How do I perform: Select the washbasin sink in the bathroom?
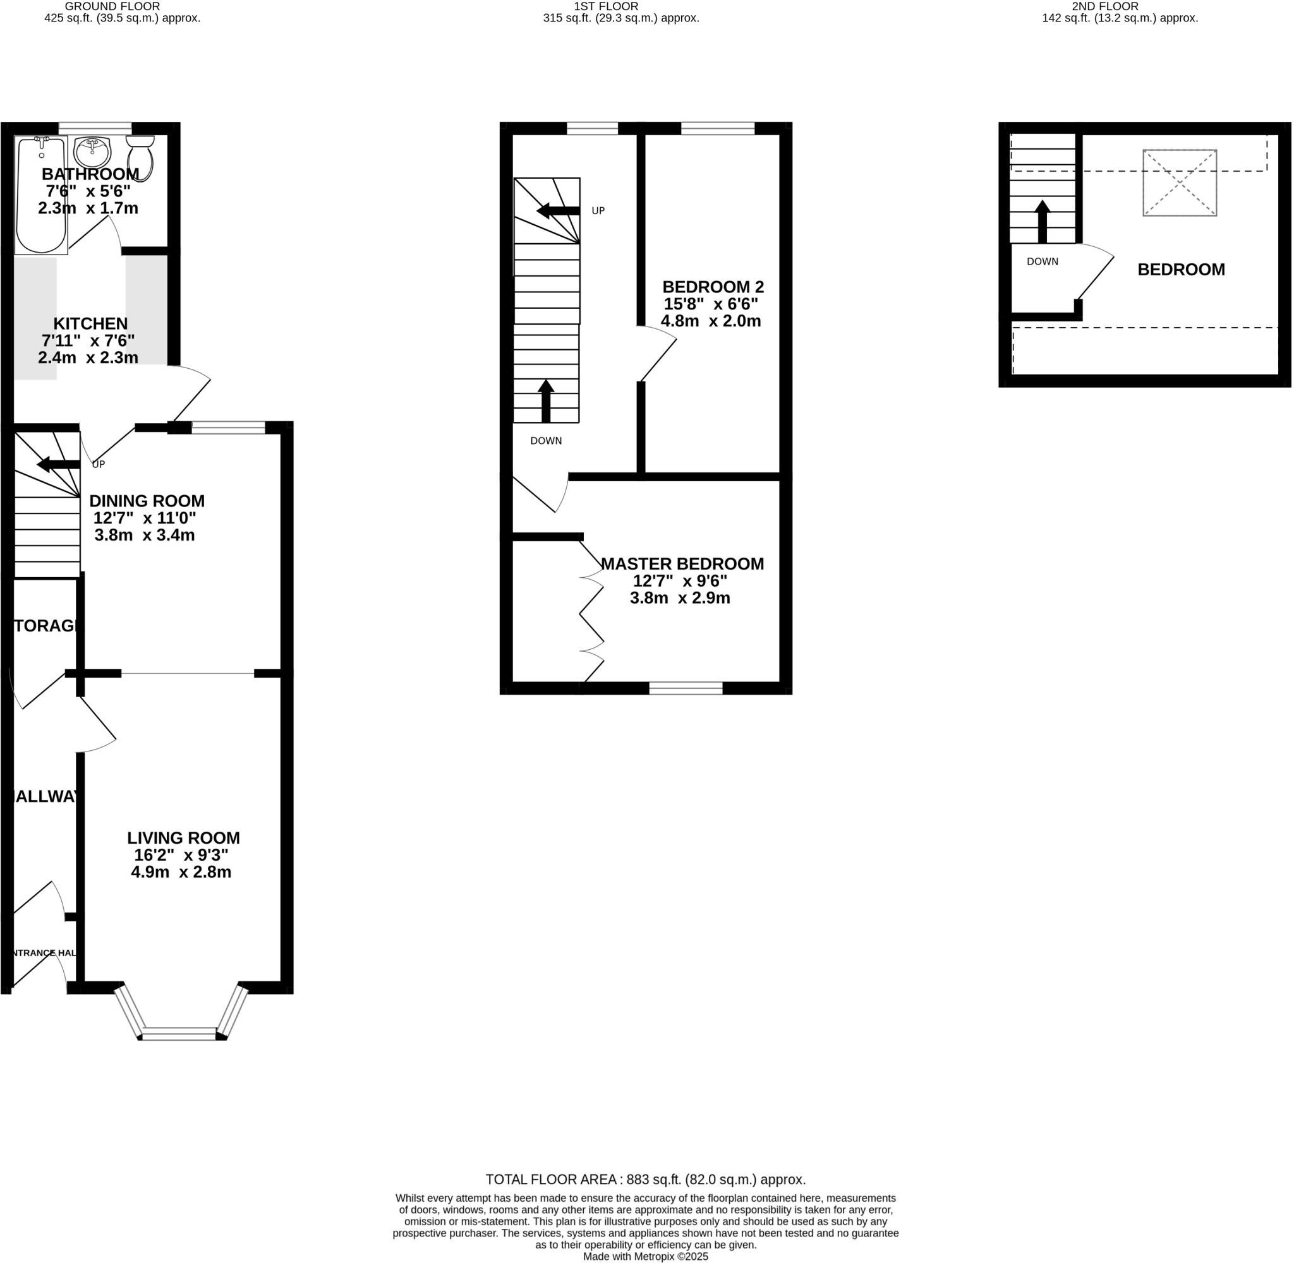point(92,153)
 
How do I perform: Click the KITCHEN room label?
point(90,324)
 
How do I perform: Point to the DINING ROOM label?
point(147,501)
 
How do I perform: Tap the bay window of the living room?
point(180,1034)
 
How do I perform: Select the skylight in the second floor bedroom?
point(1179,183)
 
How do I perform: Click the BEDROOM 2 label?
point(713,287)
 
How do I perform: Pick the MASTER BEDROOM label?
point(682,564)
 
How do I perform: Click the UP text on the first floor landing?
point(598,211)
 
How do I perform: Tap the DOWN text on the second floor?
point(1042,261)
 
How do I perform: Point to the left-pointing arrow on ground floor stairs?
point(58,464)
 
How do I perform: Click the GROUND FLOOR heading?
point(112,7)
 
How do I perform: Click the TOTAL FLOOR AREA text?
point(645,1180)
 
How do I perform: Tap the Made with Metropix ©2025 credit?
point(645,1256)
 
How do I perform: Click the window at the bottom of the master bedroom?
point(685,688)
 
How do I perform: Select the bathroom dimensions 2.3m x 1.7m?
point(88,208)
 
